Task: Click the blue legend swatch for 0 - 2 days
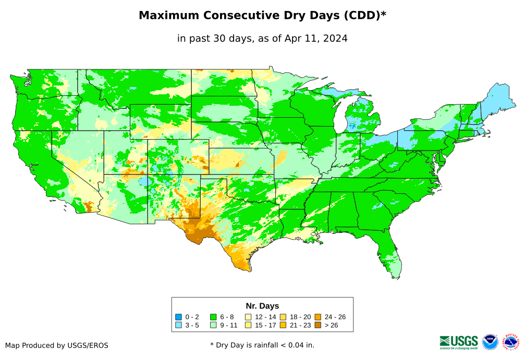[179, 317]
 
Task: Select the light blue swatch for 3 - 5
[179, 326]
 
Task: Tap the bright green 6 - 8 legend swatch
[213, 317]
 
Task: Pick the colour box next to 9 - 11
[213, 326]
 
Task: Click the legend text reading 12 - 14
[265, 317]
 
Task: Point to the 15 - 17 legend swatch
[248, 326]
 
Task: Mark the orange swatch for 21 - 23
[283, 326]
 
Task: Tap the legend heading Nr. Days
[262, 306]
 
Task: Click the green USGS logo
[459, 342]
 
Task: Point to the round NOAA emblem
[490, 342]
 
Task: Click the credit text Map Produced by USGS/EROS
[57, 345]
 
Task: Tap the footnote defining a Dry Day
[262, 345]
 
